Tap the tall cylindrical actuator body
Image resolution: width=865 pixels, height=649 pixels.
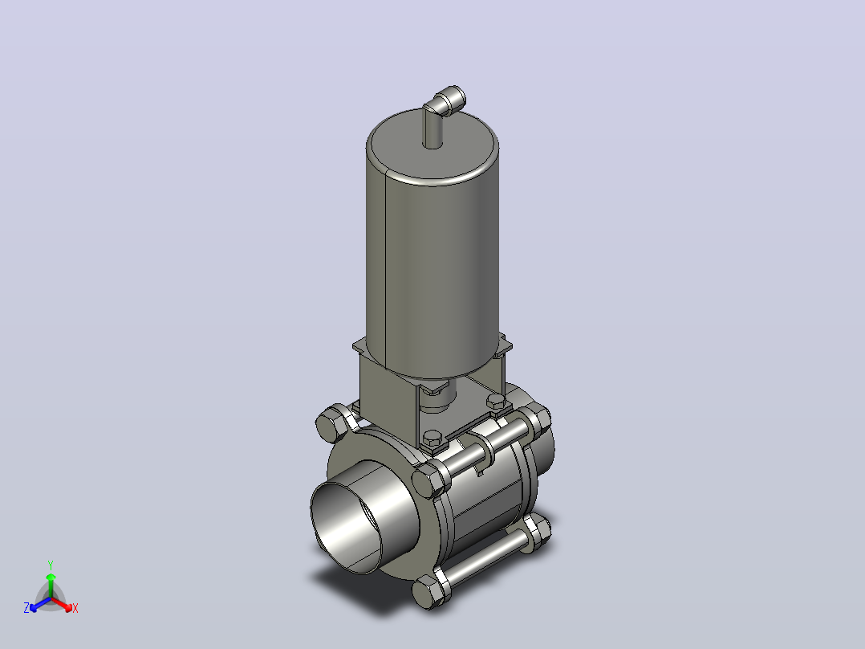433,265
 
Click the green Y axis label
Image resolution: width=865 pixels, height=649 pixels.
51,565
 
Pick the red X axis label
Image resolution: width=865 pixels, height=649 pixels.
75,608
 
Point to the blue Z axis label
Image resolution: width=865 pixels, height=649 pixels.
26,607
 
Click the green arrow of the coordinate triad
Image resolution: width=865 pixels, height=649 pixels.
51,586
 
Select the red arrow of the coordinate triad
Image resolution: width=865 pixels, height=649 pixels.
63,604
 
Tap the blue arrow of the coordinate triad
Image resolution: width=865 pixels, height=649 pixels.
40,604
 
